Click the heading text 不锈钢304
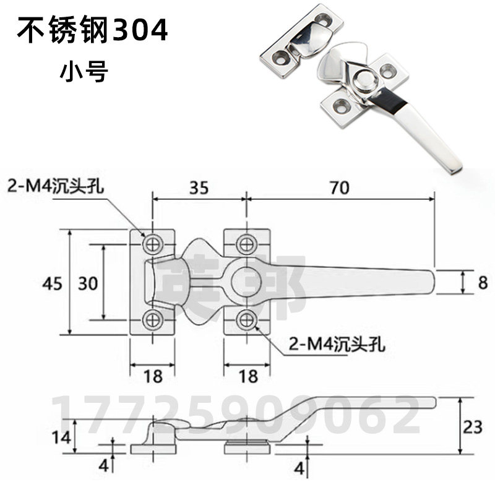(92, 32)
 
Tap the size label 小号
(84, 72)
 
